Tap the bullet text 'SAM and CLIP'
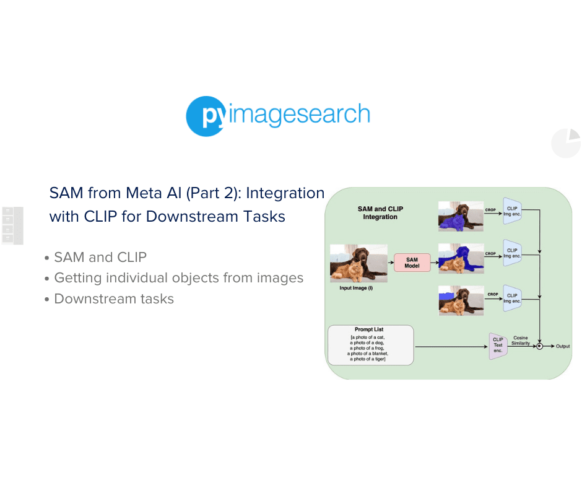tap(100, 257)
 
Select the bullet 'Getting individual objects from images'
tap(178, 278)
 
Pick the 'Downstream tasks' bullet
tap(114, 299)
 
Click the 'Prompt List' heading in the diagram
tap(370, 330)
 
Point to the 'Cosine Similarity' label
tap(521, 340)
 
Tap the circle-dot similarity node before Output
tap(539, 346)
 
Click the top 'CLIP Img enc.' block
tap(512, 212)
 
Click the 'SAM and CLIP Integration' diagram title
tap(380, 213)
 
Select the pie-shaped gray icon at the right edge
tap(566, 144)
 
